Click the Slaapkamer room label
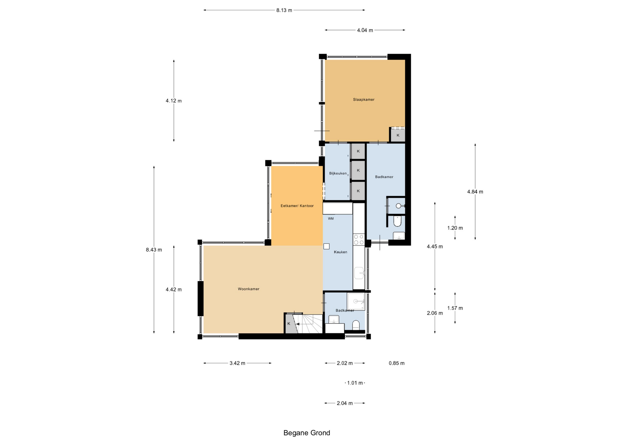coord(364,100)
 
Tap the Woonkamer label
coord(249,289)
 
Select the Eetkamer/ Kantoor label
coord(297,206)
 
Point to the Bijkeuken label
coord(338,173)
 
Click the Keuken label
coord(340,252)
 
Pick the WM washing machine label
coord(331,219)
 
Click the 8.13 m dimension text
coord(284,10)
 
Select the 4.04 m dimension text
coord(365,30)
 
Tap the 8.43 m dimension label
coord(154,250)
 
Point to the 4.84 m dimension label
coord(475,192)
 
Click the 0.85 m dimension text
coord(397,363)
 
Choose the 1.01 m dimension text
coord(355,383)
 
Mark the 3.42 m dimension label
coord(238,363)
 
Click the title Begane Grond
coord(307,433)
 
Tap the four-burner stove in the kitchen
coord(359,240)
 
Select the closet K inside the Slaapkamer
coord(398,135)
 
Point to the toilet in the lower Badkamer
coord(356,325)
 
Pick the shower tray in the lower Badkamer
coord(356,301)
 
